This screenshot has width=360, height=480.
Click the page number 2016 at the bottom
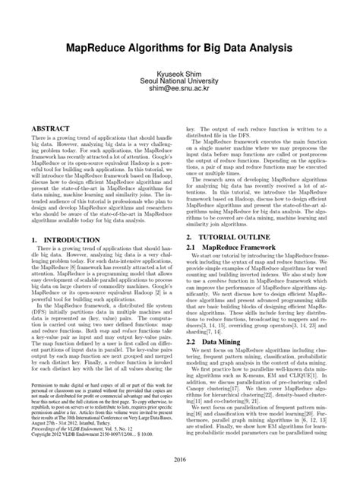180,459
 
